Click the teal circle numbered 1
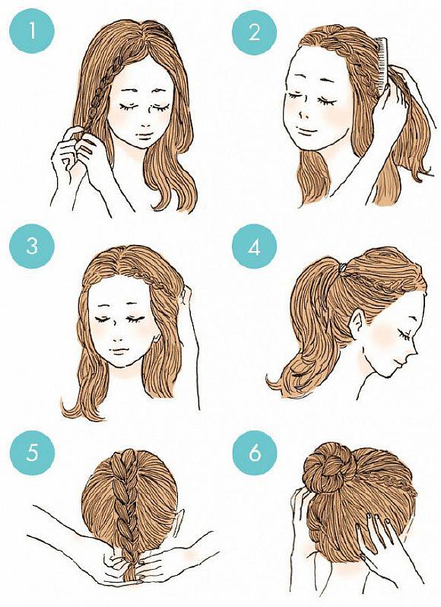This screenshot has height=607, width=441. [x=32, y=30]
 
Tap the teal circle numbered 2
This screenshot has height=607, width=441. [x=254, y=33]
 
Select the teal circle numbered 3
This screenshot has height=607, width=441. [x=32, y=246]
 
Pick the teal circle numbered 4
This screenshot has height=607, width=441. [x=254, y=248]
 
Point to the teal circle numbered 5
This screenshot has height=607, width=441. [x=32, y=451]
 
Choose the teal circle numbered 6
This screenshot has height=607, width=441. [x=255, y=453]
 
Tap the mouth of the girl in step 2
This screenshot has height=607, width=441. [x=306, y=129]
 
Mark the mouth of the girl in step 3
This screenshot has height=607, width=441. [x=119, y=350]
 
